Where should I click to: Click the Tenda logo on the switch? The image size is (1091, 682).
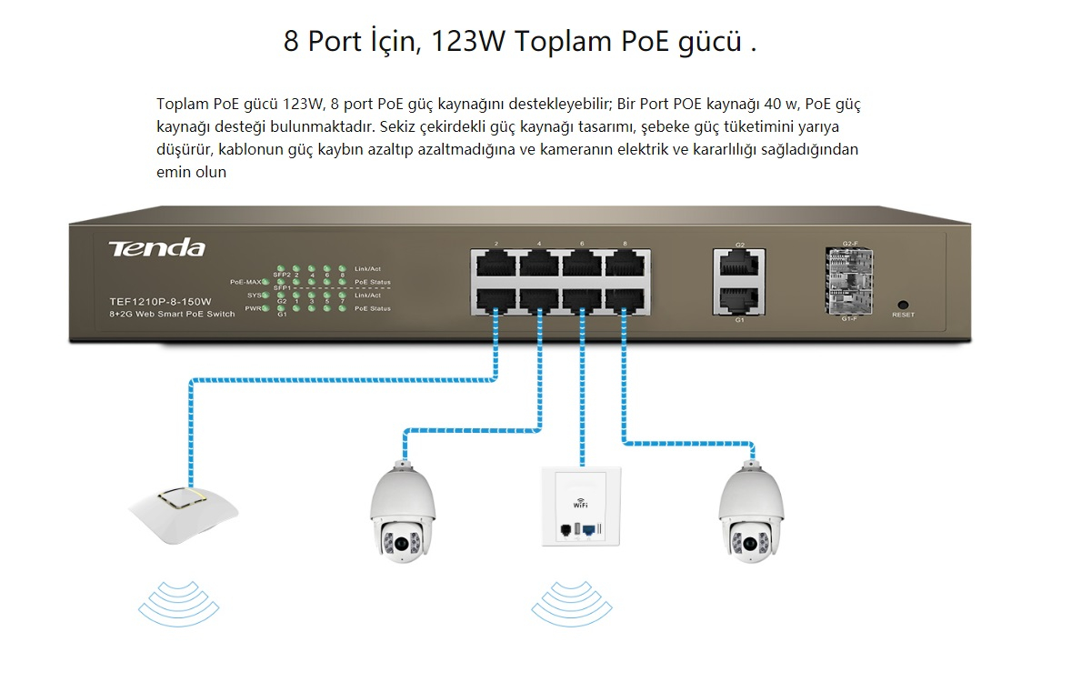[156, 248]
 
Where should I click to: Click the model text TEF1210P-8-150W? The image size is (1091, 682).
[159, 301]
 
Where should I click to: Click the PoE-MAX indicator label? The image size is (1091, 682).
[246, 283]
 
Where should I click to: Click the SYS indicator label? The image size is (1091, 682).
[254, 296]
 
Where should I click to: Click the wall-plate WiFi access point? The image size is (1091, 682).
[582, 506]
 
